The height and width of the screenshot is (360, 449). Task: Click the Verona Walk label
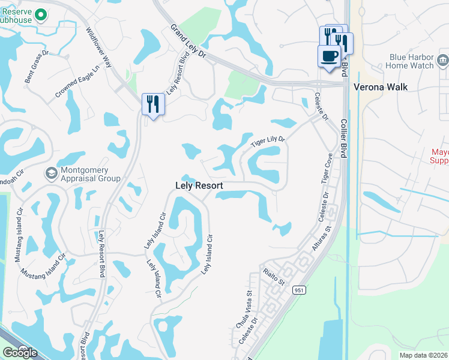click(380, 87)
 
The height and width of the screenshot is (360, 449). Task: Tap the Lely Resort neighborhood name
click(199, 186)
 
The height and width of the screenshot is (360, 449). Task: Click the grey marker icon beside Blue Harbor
click(443, 60)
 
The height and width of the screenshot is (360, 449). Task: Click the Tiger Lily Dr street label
click(268, 141)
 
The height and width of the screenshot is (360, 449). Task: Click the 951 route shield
click(299, 290)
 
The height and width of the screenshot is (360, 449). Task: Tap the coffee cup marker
click(328, 56)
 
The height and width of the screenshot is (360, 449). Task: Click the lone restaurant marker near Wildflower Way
click(152, 104)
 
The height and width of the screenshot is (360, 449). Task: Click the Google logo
click(19, 353)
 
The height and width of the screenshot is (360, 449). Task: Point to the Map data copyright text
click(424, 355)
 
